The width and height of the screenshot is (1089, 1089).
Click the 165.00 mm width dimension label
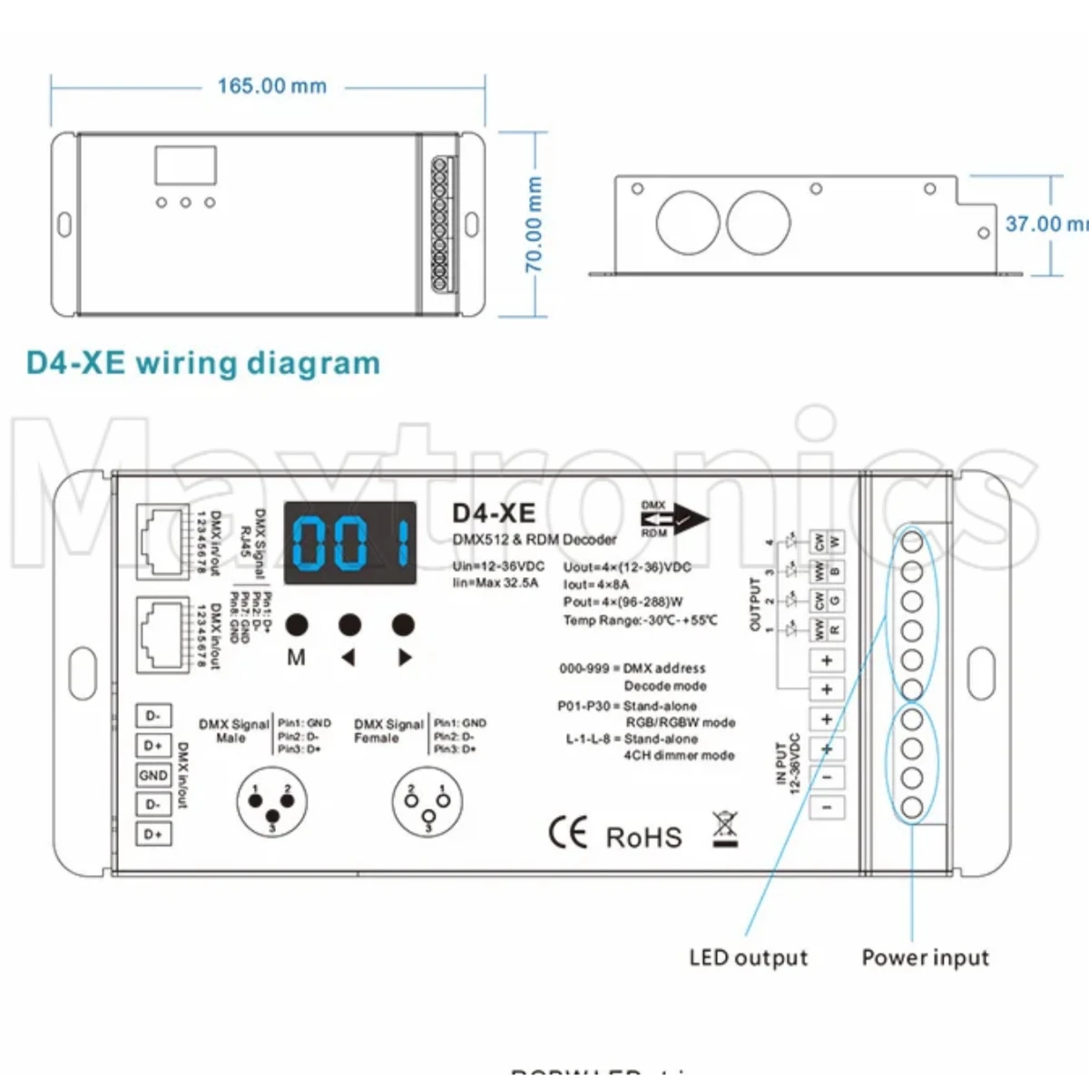(x=271, y=86)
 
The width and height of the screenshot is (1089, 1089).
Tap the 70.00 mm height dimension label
(x=534, y=224)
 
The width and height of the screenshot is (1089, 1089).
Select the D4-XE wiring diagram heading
(x=203, y=363)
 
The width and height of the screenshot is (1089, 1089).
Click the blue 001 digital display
(x=350, y=543)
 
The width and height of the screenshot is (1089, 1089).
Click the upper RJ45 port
(x=162, y=541)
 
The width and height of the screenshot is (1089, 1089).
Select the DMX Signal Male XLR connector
(x=271, y=802)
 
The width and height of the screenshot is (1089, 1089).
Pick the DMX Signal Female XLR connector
(x=427, y=802)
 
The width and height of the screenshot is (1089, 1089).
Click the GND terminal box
(x=153, y=775)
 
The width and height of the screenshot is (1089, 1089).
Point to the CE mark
(x=568, y=833)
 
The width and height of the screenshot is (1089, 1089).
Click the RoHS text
(x=643, y=837)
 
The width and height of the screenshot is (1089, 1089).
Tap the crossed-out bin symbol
(x=724, y=829)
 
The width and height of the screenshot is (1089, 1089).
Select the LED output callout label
(x=748, y=957)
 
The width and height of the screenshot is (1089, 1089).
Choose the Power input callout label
(x=925, y=957)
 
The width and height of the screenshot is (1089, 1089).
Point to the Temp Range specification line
(x=640, y=621)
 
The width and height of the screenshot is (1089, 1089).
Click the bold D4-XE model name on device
(x=494, y=513)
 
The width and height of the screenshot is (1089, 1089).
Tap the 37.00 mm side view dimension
(x=1044, y=223)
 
